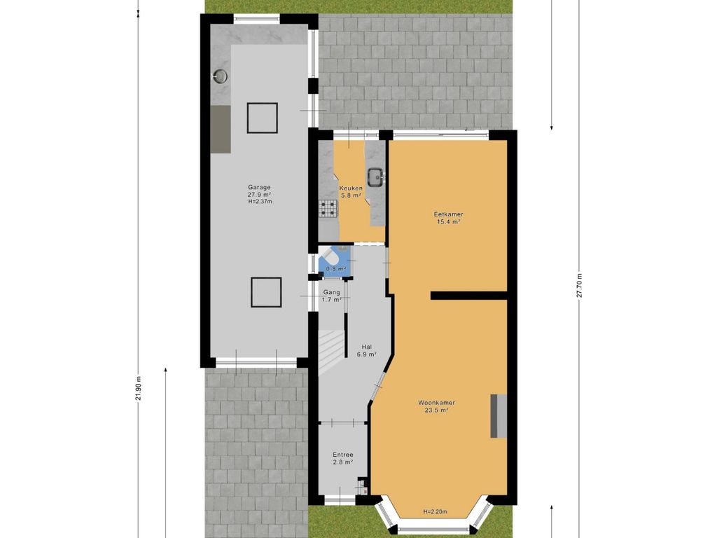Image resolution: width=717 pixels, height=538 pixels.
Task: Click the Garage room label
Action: click(x=259, y=187)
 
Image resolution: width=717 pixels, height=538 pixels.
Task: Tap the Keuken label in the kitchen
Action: click(x=351, y=188)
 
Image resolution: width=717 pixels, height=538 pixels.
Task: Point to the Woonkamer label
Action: click(x=436, y=403)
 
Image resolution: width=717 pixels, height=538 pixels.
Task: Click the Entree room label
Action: click(x=343, y=455)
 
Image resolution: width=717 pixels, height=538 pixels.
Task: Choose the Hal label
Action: click(x=366, y=347)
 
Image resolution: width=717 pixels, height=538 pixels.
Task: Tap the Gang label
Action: click(x=331, y=292)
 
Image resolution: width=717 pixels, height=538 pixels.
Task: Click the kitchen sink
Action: click(x=376, y=177)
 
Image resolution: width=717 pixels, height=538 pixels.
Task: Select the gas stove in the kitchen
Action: click(x=328, y=209)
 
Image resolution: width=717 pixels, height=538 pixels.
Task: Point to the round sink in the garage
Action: click(x=221, y=76)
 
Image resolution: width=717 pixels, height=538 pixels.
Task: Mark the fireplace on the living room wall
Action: click(x=499, y=416)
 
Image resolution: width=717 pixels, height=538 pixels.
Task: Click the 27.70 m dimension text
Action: click(x=579, y=286)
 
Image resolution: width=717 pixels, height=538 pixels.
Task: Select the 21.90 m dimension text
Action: click(x=138, y=388)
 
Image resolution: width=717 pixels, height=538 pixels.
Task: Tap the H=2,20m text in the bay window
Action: click(x=435, y=512)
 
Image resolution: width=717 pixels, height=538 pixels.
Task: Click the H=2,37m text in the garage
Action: click(x=260, y=201)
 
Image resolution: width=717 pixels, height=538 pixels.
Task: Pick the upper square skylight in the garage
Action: click(x=263, y=118)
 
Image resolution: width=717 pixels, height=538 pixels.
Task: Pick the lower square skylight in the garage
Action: click(x=266, y=292)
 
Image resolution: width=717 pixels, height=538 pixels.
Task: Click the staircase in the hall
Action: click(x=331, y=351)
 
